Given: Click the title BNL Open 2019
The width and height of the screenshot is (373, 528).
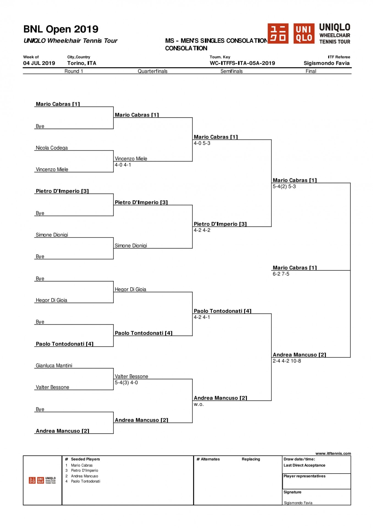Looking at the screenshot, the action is coord(61,29).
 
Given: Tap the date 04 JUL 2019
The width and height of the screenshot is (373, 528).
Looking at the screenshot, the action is coord(39,63).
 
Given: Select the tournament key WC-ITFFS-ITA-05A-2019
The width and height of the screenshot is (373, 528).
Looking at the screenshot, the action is coord(242,63).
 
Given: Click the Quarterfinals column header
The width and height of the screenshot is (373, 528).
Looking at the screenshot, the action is coord(153,71).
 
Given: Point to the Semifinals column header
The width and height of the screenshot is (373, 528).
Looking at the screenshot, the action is coord(231,71).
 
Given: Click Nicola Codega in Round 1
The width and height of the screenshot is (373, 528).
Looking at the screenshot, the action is coord(52,148).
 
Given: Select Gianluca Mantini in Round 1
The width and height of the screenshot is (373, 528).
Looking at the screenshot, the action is coord(54,365).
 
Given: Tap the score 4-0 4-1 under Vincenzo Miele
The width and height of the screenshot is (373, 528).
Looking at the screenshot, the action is coord(123,165).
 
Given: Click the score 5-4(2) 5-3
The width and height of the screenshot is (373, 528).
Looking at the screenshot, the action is coord(284,186).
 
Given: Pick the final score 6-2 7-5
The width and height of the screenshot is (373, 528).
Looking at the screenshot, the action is coord(281,274).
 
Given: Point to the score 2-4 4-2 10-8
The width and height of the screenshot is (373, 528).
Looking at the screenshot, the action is coord(287,361).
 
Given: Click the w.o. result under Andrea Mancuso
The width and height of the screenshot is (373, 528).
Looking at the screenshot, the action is coord(199,404).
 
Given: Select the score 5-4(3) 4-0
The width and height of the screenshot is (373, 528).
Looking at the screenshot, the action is coord(126,383).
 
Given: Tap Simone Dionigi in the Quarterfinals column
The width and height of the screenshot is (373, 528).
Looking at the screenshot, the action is coord(131,246).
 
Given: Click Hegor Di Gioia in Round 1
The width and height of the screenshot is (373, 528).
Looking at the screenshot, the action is coord(51,300).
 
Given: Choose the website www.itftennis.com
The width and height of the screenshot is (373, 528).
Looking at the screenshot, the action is coord(333,453).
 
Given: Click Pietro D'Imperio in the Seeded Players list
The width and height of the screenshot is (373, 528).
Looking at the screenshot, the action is coord(84,471).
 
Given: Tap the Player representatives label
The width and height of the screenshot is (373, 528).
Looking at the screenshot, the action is coord(305,476).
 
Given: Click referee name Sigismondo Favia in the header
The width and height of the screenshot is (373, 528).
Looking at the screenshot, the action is coord(327,63).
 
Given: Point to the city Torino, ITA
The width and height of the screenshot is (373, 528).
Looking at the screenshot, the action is coord(82,63).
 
